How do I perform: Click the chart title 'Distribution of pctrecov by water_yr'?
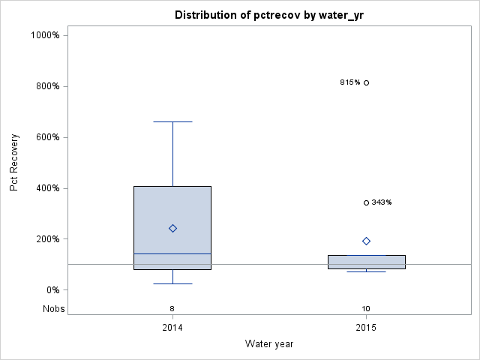[269, 15]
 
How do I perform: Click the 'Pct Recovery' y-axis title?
[14, 163]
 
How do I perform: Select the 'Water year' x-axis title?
[269, 344]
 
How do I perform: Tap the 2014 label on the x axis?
[172, 328]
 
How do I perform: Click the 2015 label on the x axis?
[366, 328]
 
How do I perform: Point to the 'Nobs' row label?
[54, 308]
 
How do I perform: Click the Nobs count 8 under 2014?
[172, 308]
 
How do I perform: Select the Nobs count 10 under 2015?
[366, 308]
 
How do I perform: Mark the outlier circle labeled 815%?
[366, 82]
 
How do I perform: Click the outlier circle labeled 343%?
[366, 202]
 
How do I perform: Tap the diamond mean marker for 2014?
[172, 228]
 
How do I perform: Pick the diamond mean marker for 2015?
[366, 241]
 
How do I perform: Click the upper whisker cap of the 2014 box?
[172, 121]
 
